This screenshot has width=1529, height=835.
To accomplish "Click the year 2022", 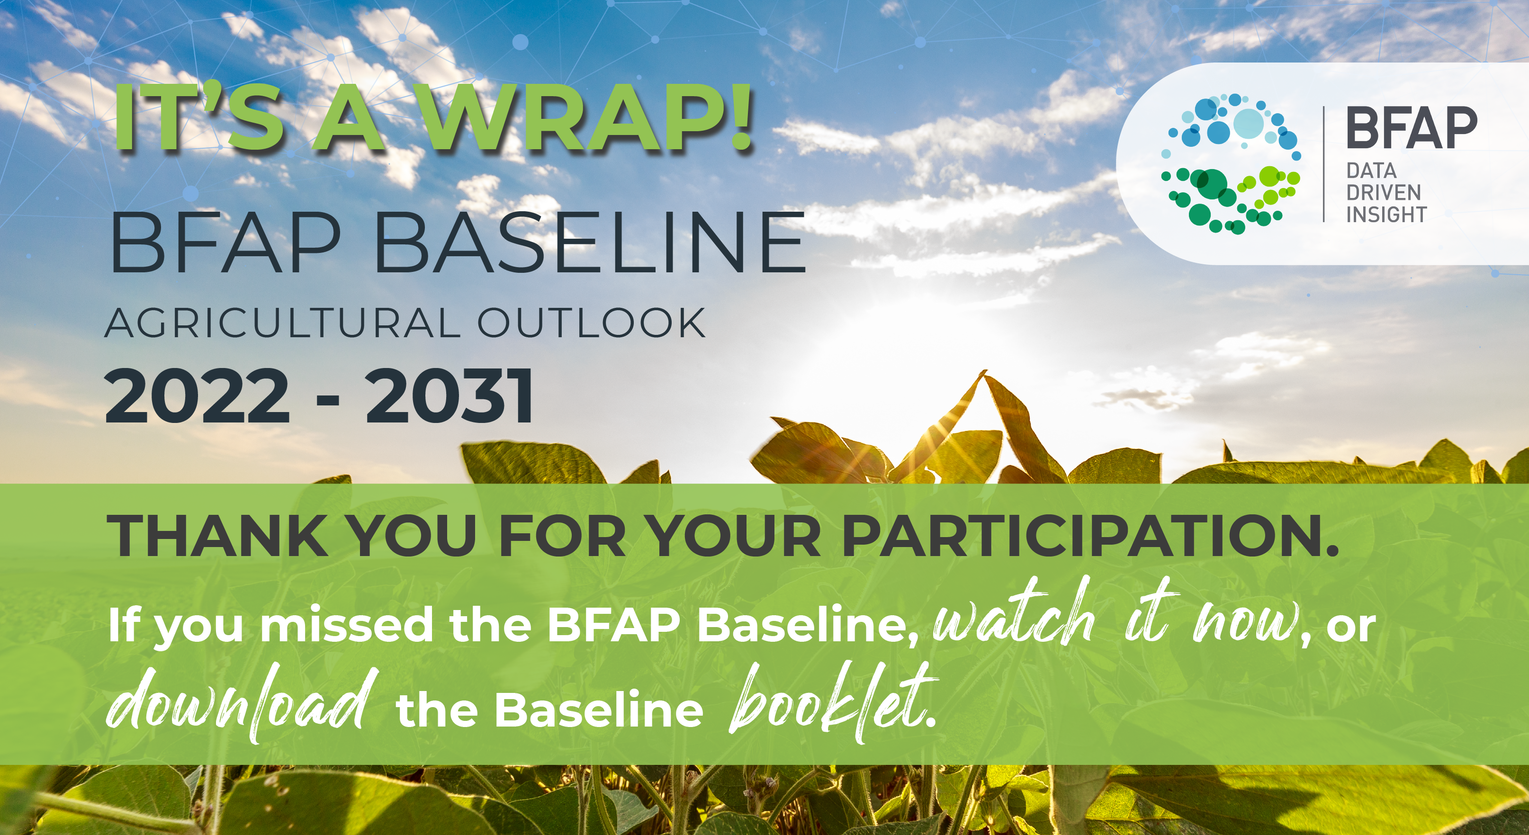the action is (x=197, y=396).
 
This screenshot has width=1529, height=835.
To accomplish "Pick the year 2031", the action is (x=450, y=396).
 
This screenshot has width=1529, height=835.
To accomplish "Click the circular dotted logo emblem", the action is (x=1232, y=163).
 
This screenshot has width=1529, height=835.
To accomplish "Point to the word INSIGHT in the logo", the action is (x=1386, y=214).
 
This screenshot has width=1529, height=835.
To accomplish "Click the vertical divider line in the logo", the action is (x=1323, y=164).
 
